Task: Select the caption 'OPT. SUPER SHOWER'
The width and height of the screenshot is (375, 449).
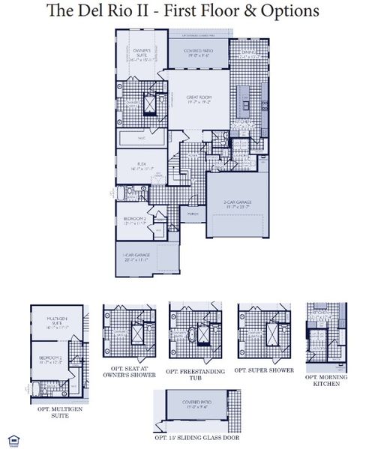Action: coord(260,370)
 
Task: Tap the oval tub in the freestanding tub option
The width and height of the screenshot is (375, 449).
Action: coord(193,334)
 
